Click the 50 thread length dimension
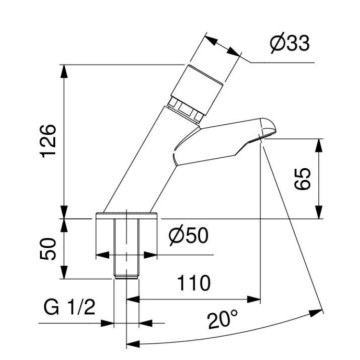coord(45,248)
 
